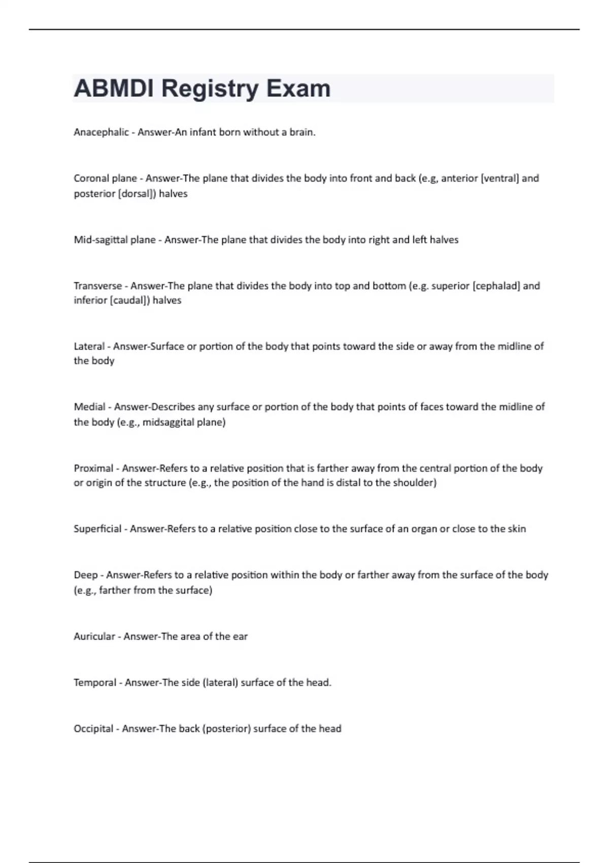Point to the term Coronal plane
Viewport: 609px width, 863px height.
105,179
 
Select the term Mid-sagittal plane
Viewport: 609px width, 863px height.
115,240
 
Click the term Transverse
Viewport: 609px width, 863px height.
97,286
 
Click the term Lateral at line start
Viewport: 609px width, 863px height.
89,347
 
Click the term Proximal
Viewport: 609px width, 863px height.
93,469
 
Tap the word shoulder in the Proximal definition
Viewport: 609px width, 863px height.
414,483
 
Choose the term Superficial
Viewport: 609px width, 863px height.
97,529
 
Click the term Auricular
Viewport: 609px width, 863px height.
94,637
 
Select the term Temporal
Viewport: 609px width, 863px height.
95,683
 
